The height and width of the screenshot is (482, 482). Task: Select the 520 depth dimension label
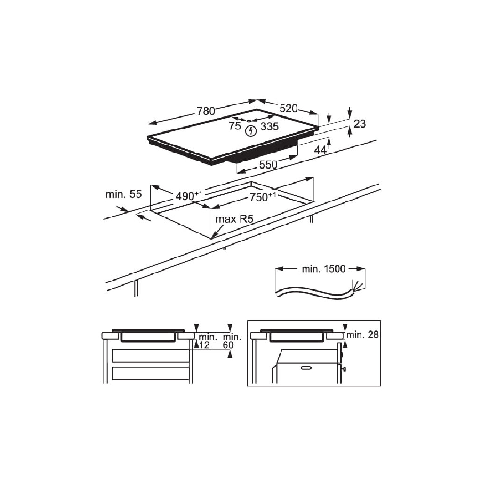tap(289, 109)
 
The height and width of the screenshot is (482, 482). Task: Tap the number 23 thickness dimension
tap(360, 124)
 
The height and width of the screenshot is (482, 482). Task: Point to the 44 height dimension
tap(320, 150)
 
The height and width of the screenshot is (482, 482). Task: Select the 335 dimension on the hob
tap(269, 126)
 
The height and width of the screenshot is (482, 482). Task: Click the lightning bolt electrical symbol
tap(251, 130)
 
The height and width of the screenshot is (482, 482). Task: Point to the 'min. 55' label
tap(123, 194)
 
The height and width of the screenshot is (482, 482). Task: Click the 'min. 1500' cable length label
tap(323, 269)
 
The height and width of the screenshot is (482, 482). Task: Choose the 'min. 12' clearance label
tap(207, 341)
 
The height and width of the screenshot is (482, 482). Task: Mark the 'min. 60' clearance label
tap(232, 341)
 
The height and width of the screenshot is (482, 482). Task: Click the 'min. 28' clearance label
tap(362, 335)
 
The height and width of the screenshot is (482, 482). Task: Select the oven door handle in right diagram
tap(306, 367)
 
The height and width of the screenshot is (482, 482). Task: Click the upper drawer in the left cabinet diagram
tap(150, 355)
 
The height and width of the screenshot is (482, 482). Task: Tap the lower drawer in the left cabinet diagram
tap(150, 374)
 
